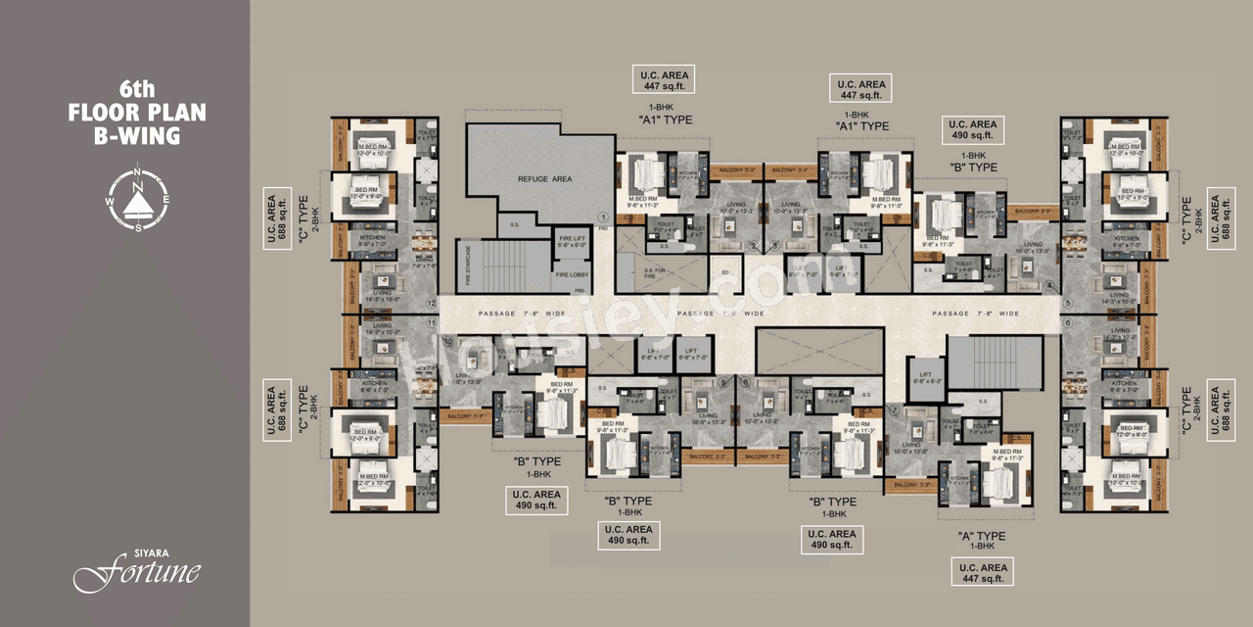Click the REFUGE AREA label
[544, 179]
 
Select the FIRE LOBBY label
[571, 275]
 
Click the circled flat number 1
[604, 217]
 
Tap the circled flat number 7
[893, 408]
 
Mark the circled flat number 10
[449, 341]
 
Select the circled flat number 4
[1049, 286]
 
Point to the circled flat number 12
[431, 303]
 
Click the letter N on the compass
[138, 185]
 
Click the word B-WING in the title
[137, 136]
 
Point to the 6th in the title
[137, 88]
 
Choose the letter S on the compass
[138, 226]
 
